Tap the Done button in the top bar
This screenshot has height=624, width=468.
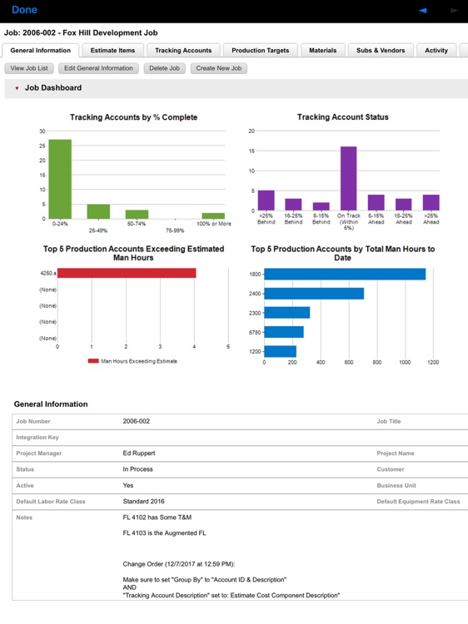(x=24, y=10)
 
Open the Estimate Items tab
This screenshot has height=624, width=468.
(x=112, y=51)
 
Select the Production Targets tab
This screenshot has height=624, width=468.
(x=260, y=51)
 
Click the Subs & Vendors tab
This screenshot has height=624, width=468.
(x=381, y=51)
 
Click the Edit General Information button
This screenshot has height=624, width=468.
(x=98, y=68)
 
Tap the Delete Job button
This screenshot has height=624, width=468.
(x=164, y=68)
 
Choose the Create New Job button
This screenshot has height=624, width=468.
(x=218, y=68)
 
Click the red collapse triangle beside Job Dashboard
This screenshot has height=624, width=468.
(x=17, y=88)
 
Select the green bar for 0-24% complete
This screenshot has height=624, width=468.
(x=60, y=179)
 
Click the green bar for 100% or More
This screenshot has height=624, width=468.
(x=213, y=215)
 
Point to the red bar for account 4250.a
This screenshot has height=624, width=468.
(x=127, y=273)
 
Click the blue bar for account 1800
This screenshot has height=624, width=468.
(x=345, y=274)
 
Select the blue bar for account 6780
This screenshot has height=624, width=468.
(x=283, y=332)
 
